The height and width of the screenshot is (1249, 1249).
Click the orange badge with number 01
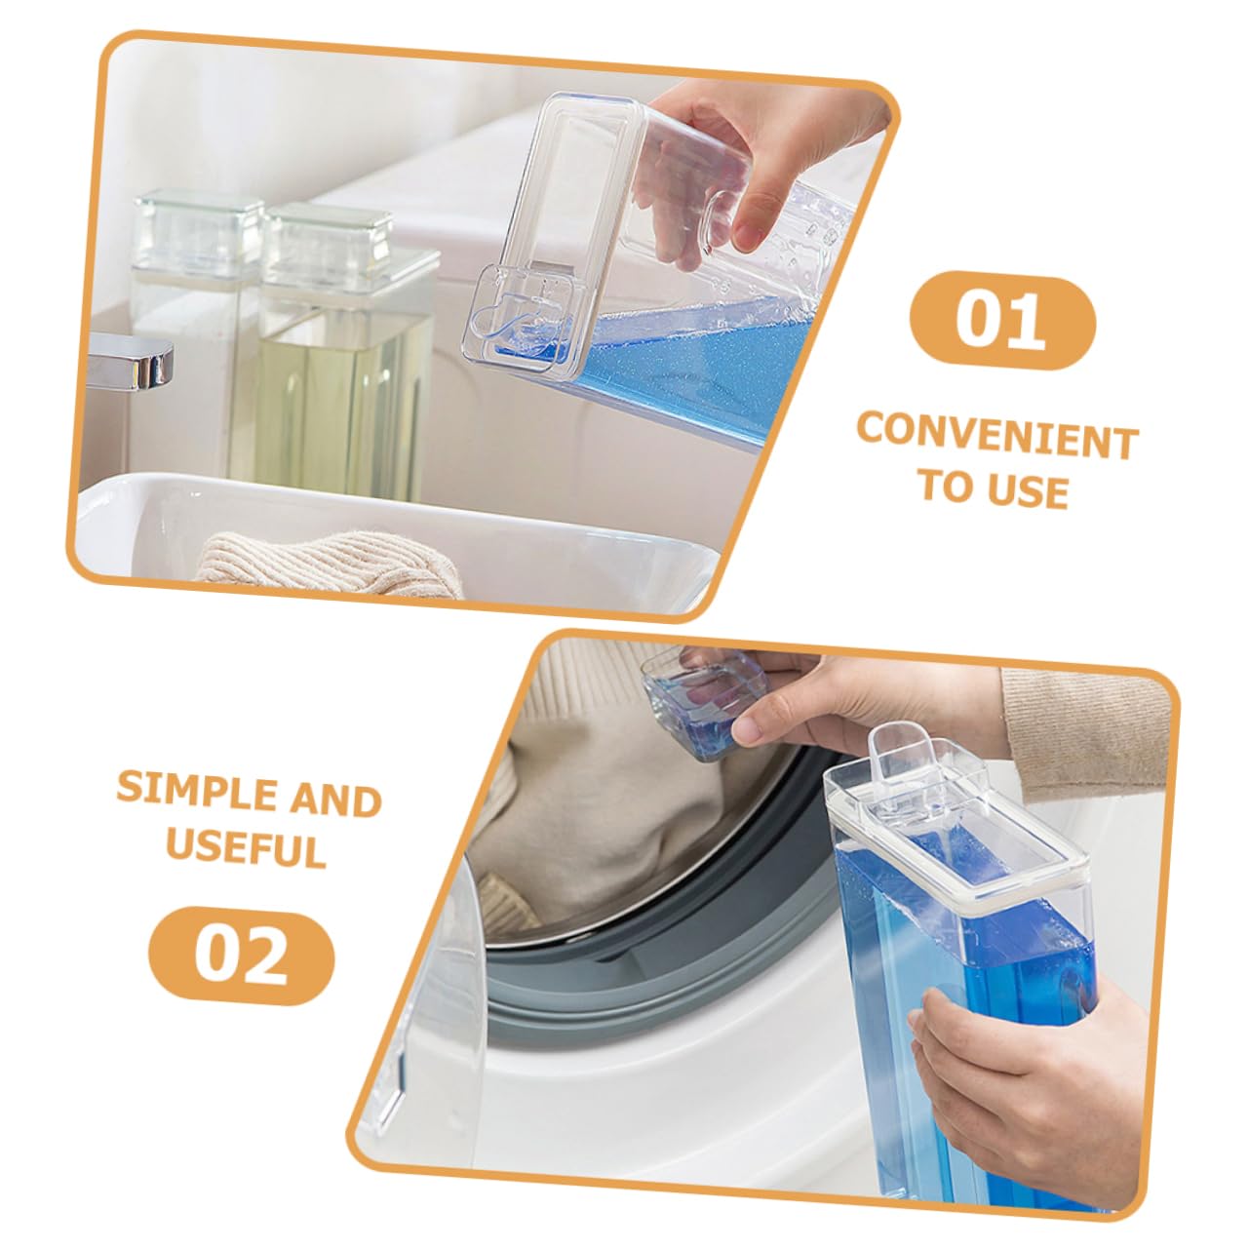click(1002, 321)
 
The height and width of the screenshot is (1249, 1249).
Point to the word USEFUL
click(247, 847)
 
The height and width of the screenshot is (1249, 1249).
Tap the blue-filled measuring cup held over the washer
click(703, 702)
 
